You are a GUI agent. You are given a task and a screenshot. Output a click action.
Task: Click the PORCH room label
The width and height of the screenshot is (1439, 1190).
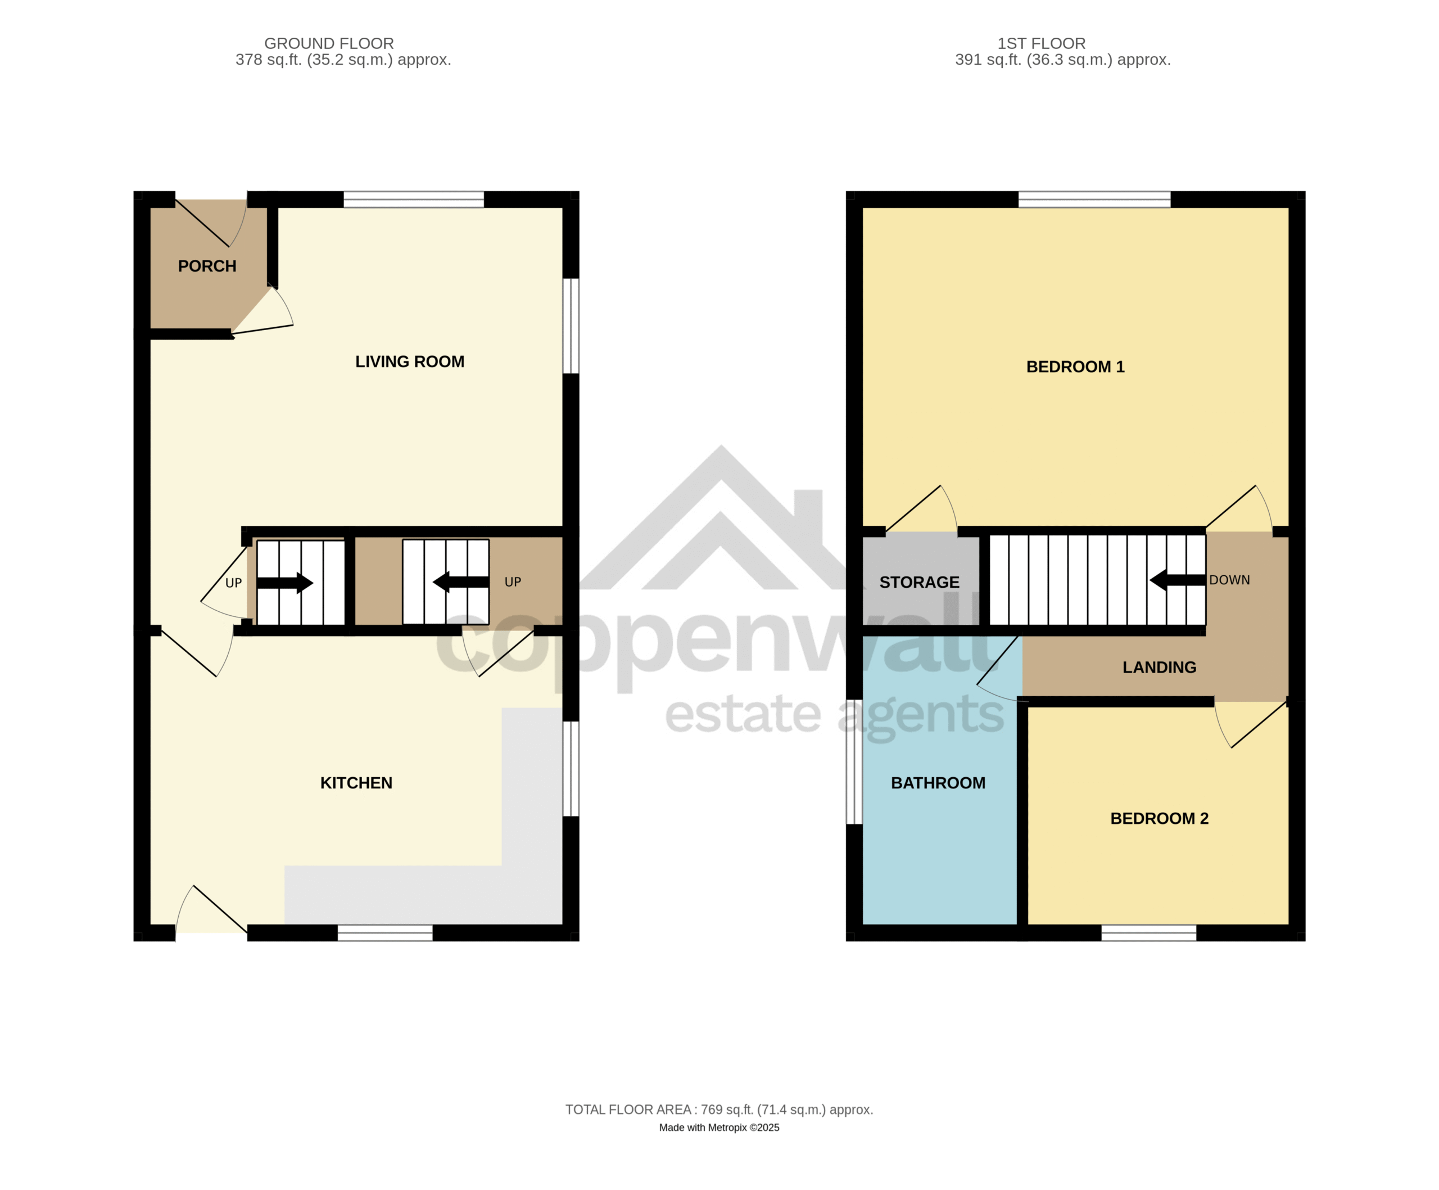tap(207, 266)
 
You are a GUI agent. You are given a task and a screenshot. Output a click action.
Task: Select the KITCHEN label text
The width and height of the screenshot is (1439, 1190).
tap(356, 783)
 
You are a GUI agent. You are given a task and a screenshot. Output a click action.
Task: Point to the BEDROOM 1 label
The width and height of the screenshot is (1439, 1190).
tap(1075, 367)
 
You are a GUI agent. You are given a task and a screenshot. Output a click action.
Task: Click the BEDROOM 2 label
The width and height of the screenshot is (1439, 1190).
tap(1160, 818)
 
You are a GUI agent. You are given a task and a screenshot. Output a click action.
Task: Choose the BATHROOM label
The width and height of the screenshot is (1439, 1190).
tap(938, 783)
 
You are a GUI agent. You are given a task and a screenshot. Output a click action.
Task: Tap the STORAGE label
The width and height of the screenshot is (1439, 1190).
tap(920, 582)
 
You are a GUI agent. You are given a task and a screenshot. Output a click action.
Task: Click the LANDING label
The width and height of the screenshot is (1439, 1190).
tap(1160, 667)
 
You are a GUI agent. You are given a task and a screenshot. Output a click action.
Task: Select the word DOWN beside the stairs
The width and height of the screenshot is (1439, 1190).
tap(1229, 580)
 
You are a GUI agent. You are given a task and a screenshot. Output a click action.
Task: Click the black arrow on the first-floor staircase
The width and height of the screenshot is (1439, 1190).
tap(1177, 580)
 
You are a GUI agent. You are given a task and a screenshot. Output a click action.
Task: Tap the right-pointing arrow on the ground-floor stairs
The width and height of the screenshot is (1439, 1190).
tap(285, 583)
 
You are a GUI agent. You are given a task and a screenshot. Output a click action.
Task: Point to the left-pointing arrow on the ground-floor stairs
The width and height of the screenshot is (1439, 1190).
tap(460, 582)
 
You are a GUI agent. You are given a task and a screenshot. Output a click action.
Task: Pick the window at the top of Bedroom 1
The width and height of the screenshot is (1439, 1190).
tap(1094, 200)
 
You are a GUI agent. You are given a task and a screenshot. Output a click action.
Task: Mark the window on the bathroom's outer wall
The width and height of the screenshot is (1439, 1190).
tap(854, 761)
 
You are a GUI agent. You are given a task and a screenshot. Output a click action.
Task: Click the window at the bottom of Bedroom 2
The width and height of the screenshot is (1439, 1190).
tap(1148, 933)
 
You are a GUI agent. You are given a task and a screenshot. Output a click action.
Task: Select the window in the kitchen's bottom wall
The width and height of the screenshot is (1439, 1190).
tap(385, 933)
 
